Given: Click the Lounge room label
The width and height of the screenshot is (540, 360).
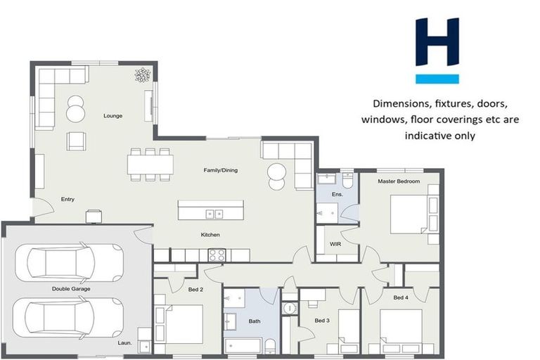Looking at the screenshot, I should coord(112,115).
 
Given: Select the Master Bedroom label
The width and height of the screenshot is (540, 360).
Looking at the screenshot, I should coord(398,181).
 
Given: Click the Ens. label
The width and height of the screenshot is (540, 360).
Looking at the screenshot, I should coord(337,193).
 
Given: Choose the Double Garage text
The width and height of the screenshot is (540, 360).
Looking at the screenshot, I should coord(71,289).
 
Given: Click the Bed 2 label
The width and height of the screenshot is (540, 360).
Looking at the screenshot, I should coord(176,290).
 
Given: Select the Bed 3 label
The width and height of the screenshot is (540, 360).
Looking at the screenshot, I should coord(322,321).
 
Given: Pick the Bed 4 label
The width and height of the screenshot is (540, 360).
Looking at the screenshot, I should coord(401,297).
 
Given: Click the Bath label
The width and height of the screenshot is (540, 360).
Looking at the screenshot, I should coord(255,322).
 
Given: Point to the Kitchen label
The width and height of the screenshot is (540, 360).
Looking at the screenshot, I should coord(210,234).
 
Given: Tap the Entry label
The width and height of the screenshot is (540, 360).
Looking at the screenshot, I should coord(67,199).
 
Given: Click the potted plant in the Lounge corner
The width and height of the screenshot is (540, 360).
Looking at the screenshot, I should coord(143,75).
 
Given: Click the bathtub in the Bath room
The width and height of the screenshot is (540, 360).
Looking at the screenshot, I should coord(243,345).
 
